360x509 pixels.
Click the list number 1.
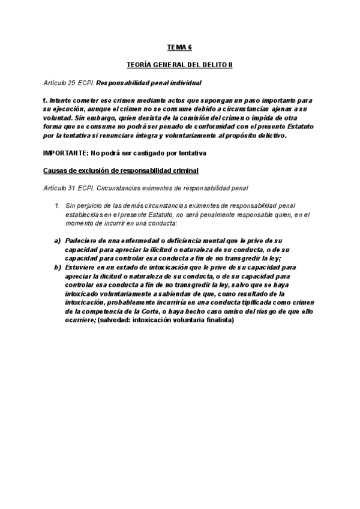(x=56, y=206)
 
